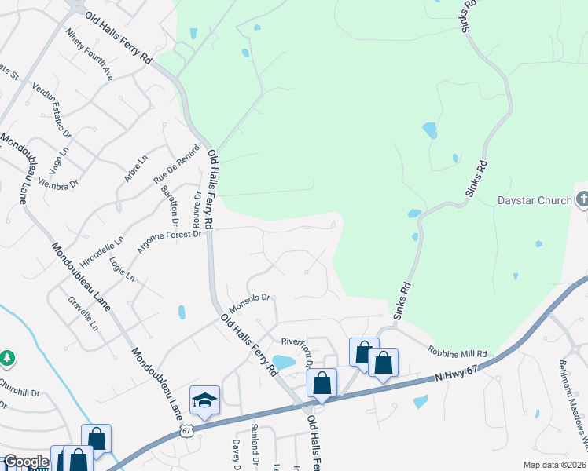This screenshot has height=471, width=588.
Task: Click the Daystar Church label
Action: [x=535, y=200]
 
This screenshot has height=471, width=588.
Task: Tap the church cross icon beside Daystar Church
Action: [x=582, y=199]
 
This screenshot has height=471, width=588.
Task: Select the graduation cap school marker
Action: [x=204, y=400]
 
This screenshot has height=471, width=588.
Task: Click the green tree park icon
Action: [x=7, y=358]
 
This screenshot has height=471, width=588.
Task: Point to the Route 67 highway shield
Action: [x=186, y=431]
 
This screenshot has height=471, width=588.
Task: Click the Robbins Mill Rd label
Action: [x=458, y=353]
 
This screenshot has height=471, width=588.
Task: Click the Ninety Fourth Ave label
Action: [x=90, y=55]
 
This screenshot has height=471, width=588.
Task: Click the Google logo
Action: [x=26, y=462]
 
